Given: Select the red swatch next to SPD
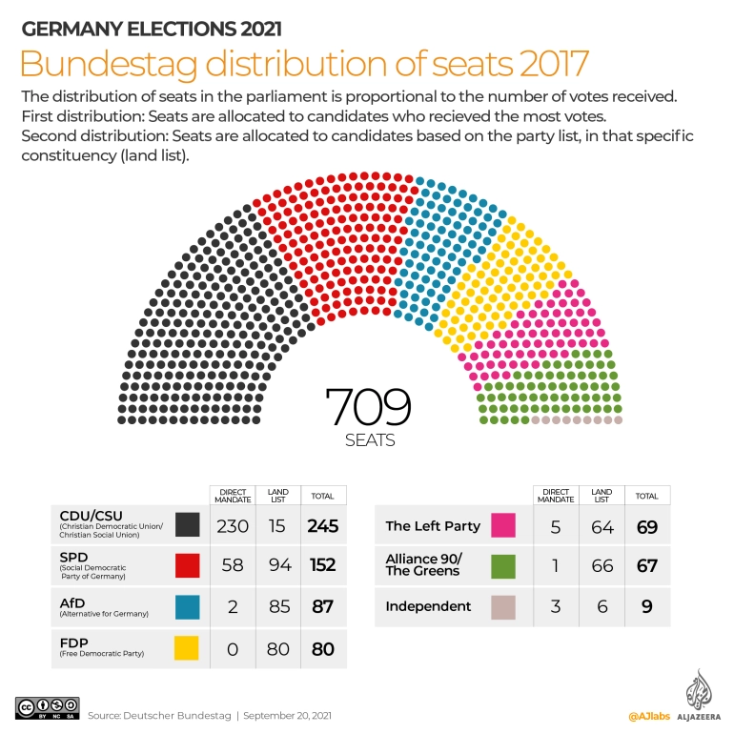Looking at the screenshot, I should click(187, 565).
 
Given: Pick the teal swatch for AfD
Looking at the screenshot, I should click(187, 607).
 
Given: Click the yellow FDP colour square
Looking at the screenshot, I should click(187, 648).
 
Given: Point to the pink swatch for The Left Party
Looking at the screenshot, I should click(502, 525).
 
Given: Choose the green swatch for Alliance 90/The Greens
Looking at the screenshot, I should click(502, 565).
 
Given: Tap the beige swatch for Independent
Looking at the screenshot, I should click(502, 607).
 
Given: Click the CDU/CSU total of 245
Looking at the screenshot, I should click(323, 525).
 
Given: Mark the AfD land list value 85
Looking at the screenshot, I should click(277, 607).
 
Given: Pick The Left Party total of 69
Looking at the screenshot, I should click(647, 525).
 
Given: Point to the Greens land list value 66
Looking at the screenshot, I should click(601, 565).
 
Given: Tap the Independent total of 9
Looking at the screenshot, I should click(647, 606).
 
